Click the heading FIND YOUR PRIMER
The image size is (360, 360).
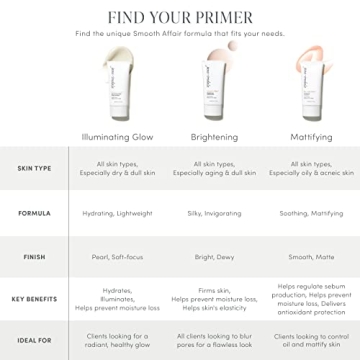click(x=180, y=17)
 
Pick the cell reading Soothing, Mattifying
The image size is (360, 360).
click(x=300, y=213)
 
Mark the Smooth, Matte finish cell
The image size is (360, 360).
click(x=300, y=256)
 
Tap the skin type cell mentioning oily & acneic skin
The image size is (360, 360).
click(x=300, y=170)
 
